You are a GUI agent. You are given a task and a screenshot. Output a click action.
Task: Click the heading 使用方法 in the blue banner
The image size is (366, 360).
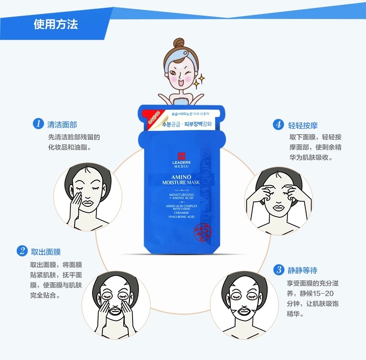pyautogui.click(x=55, y=25)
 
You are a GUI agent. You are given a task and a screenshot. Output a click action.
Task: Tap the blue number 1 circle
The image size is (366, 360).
pyautogui.click(x=38, y=124)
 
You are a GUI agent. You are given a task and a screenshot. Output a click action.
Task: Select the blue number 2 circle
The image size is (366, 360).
pyautogui.click(x=22, y=251)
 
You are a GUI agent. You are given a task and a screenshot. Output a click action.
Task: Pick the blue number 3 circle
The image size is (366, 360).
pyautogui.click(x=278, y=269)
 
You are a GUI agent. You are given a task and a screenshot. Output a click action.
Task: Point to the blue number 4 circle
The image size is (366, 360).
pyautogui.click(x=278, y=124)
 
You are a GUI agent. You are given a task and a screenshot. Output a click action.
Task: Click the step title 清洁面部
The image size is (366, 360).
pyautogui.click(x=62, y=125)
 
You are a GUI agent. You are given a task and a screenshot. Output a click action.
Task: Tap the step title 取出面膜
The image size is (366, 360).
pyautogui.click(x=45, y=252)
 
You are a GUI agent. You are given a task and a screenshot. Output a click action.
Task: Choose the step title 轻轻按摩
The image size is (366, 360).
pyautogui.click(x=303, y=125)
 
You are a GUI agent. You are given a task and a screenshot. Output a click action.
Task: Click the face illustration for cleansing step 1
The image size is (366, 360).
pyautogui.click(x=88, y=195)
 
